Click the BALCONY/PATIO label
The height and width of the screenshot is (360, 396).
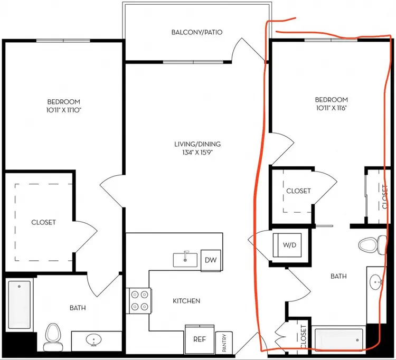(x=197, y=32)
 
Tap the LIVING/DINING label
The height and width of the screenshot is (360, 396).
(x=197, y=144)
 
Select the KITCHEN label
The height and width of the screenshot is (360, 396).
(x=186, y=301)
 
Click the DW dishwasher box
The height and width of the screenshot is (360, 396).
(x=211, y=260)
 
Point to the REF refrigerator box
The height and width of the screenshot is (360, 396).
(x=200, y=339)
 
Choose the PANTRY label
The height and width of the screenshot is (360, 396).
(x=224, y=343)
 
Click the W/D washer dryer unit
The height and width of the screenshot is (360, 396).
(x=287, y=245)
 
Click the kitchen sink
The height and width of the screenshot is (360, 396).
(x=185, y=260)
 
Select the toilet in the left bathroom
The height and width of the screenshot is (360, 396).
(x=53, y=337)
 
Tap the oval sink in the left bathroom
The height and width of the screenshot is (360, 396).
(x=93, y=340)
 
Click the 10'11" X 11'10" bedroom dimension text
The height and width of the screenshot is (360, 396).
(x=64, y=110)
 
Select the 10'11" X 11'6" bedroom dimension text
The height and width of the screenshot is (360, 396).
(x=332, y=108)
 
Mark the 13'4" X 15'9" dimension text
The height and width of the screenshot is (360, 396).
(x=197, y=153)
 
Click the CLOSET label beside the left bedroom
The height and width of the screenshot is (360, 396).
(x=43, y=222)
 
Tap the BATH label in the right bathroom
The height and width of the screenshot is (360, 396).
(x=338, y=277)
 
